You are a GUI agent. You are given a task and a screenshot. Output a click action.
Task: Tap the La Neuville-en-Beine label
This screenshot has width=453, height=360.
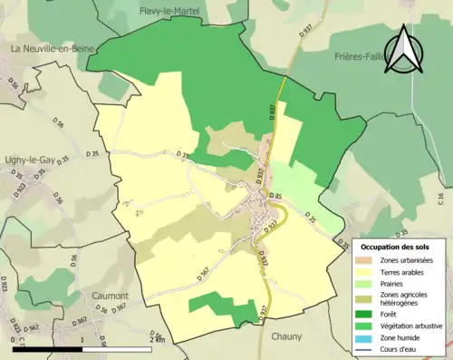tap(53, 47)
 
